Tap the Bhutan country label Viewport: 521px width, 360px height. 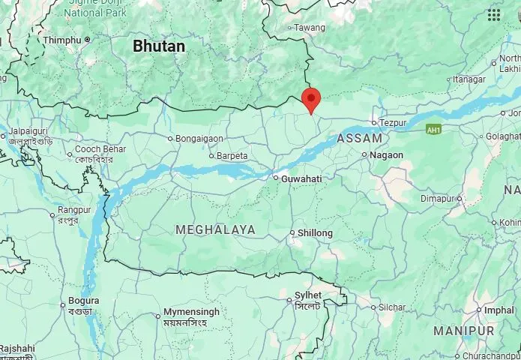pyautogui.click(x=159, y=46)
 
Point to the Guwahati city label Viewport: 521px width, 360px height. pyautogui.click(x=301, y=178)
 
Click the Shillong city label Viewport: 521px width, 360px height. pyautogui.click(x=315, y=233)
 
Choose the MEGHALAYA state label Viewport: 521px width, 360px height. pyautogui.click(x=215, y=229)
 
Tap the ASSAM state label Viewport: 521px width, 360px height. pyautogui.click(x=360, y=139)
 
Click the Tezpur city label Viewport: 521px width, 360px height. pyautogui.click(x=393, y=122)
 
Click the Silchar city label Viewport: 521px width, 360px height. pyautogui.click(x=391, y=307)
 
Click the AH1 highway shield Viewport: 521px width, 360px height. pyautogui.click(x=433, y=130)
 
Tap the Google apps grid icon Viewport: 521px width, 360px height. pyautogui.click(x=493, y=15)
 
